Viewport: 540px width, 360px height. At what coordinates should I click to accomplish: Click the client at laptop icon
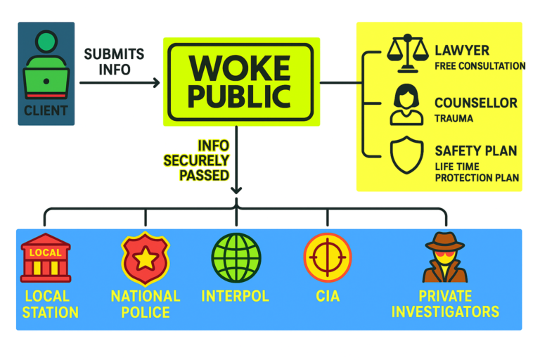(46, 66)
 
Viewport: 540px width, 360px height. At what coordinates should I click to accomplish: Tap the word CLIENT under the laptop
(46, 110)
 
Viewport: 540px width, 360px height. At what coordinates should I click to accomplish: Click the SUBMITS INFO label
(114, 62)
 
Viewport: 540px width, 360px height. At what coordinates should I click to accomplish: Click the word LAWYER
(462, 51)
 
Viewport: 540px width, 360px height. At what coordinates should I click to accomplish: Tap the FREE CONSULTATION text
(480, 66)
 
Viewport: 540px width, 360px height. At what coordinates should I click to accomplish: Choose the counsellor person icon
(406, 105)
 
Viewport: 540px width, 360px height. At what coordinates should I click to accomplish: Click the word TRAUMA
(454, 118)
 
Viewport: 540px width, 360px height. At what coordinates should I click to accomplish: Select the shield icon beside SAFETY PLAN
(406, 155)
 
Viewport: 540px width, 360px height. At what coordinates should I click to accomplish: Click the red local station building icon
(46, 258)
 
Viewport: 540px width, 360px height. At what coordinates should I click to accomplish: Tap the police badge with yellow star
(145, 258)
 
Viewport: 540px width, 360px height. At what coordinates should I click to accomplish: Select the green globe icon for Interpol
(236, 257)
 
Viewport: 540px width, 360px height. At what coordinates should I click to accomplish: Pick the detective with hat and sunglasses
(445, 257)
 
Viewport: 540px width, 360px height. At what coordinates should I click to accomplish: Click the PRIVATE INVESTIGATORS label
(445, 304)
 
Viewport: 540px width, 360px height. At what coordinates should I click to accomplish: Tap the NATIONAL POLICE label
(145, 304)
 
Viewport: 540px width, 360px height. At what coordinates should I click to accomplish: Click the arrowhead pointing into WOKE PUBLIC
(156, 83)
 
